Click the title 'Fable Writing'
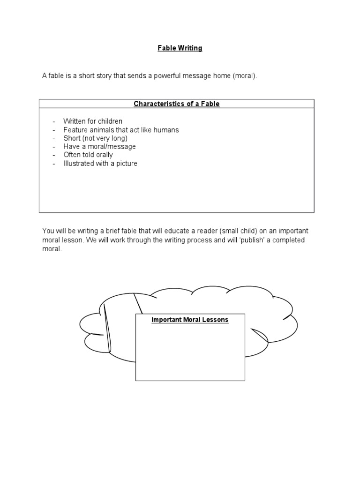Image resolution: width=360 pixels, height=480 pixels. pos(180,48)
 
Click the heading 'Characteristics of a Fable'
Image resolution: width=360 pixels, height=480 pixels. pos(177,104)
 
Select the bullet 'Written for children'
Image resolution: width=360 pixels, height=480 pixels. pos(93,121)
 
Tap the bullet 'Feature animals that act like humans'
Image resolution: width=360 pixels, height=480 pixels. pos(121,130)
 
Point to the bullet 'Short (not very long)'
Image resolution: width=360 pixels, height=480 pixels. pos(96,138)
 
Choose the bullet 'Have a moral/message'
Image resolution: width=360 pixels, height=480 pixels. pos(99,147)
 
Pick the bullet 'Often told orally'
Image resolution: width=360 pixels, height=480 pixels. pos(88,155)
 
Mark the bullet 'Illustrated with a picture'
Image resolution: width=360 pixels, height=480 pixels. pos(100,164)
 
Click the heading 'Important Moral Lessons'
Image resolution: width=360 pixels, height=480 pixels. pos(190,320)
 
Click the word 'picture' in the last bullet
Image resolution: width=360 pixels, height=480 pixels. pos(126,164)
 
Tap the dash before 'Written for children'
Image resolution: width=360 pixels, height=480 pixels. pos(54,121)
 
